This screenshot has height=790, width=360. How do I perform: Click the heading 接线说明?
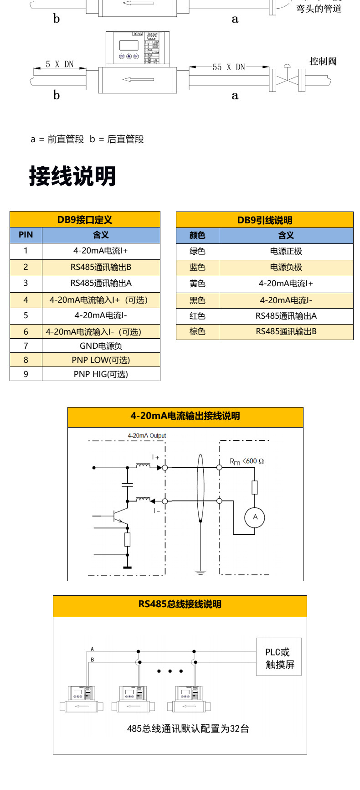pyautogui.click(x=72, y=176)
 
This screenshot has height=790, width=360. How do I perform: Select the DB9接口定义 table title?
pyautogui.click(x=85, y=220)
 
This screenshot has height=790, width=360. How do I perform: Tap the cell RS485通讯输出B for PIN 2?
pyautogui.click(x=101, y=267)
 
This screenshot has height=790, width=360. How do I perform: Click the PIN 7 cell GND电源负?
pyautogui.click(x=101, y=346)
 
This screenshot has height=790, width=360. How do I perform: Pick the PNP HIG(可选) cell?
pyautogui.click(x=101, y=374)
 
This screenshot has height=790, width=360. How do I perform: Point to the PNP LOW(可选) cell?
pyautogui.click(x=101, y=360)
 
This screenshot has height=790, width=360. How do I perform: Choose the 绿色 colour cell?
pyautogui.click(x=197, y=251)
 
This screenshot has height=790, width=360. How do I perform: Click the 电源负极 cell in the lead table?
pyautogui.click(x=286, y=267)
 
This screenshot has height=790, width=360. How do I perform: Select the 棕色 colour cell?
pyautogui.click(x=197, y=332)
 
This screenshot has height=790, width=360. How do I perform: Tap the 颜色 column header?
pyautogui.click(x=197, y=235)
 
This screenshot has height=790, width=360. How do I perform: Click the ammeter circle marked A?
pyautogui.click(x=255, y=517)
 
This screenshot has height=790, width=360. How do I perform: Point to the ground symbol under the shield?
pyautogui.click(x=200, y=572)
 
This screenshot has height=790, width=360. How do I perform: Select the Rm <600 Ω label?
pyautogui.click(x=247, y=461)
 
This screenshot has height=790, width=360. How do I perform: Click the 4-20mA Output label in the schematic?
pyautogui.click(x=147, y=436)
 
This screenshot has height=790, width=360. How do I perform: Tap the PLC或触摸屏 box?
pyautogui.click(x=279, y=656)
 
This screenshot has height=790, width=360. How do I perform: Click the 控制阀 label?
pyautogui.click(x=323, y=61)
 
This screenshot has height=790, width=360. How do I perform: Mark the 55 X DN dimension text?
pyautogui.click(x=229, y=67)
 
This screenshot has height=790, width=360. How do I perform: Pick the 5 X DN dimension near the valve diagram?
pyautogui.click(x=59, y=64)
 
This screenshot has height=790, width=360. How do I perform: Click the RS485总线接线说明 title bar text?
pyautogui.click(x=180, y=604)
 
